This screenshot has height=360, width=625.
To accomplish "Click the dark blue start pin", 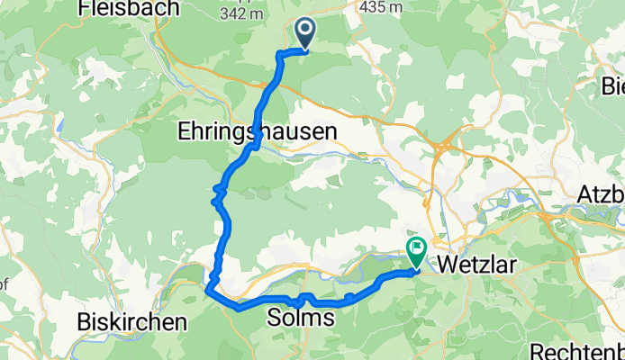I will (x=304, y=34).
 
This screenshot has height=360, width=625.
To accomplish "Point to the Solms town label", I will (x=301, y=319).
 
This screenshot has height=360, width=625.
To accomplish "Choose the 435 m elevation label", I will (x=378, y=6).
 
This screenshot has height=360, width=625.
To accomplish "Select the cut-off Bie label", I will (x=612, y=87).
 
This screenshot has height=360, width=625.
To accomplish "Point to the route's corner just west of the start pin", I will (x=278, y=54).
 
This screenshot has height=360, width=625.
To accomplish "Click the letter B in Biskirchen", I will (x=86, y=321).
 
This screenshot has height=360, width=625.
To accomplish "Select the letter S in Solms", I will (x=275, y=319).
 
